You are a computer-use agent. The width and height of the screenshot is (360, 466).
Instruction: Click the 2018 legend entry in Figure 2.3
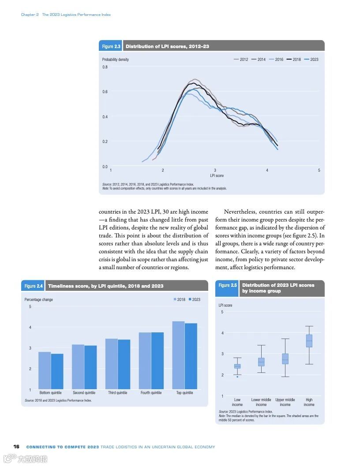[293, 60]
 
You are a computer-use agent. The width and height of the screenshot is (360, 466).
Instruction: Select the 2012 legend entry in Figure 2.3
[241, 60]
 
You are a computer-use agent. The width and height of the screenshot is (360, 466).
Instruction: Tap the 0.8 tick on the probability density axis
[105, 67]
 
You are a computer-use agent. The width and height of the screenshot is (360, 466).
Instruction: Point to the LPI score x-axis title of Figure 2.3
[217, 176]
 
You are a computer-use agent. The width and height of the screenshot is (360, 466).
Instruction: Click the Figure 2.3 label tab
[111, 46]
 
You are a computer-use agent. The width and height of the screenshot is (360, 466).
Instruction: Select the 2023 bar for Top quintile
[191, 356]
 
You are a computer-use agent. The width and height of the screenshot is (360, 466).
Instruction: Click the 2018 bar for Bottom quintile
[45, 370]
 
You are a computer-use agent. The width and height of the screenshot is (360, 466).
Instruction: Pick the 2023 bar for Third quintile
[124, 364]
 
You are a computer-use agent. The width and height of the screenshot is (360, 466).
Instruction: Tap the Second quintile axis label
[84, 393]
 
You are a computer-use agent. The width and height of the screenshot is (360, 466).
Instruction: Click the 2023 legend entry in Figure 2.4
[194, 300]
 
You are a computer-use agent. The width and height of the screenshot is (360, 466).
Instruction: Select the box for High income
[309, 341]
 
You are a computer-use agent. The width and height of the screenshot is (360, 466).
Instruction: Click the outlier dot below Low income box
[237, 376]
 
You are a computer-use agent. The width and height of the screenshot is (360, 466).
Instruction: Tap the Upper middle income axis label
[285, 402]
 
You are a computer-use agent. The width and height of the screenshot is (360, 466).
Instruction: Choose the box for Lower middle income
[261, 362]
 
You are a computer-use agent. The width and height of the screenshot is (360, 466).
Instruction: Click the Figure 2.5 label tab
[228, 285]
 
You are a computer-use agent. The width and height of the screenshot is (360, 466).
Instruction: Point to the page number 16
[16, 447]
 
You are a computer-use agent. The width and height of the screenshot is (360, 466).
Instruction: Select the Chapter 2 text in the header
[30, 15]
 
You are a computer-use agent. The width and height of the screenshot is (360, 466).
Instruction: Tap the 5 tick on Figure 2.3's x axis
[319, 170]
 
